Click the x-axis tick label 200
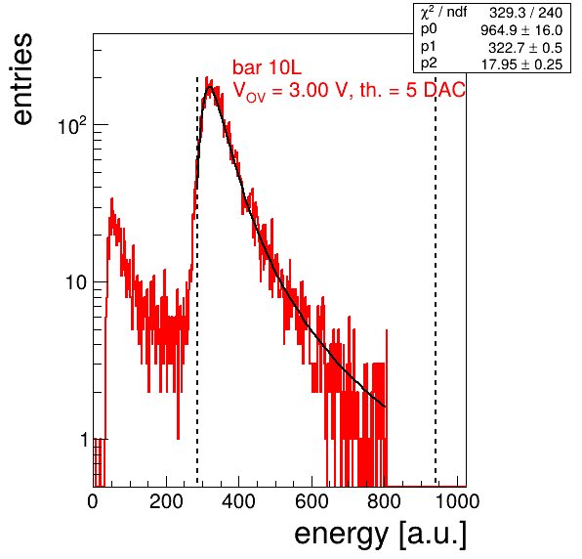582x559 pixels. (x=166, y=501)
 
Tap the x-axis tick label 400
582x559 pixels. (x=238, y=501)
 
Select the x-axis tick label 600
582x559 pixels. (x=312, y=501)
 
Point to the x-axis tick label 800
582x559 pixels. (x=384, y=501)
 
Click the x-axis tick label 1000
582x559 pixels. (x=457, y=501)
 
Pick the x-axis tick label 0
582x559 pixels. (x=93, y=501)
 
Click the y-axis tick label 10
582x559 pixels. (x=76, y=282)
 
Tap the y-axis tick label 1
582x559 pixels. (x=84, y=440)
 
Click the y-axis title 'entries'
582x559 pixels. (x=22, y=79)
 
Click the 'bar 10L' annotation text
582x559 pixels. (x=268, y=67)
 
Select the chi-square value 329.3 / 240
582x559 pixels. (x=525, y=13)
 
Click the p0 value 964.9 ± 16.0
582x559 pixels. (x=521, y=30)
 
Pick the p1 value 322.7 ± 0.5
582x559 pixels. (x=525, y=48)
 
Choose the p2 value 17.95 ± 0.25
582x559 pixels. (x=521, y=64)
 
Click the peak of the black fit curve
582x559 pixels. (x=210, y=87)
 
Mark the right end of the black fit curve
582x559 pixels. (x=385, y=407)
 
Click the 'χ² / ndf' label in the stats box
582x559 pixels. (x=443, y=13)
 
